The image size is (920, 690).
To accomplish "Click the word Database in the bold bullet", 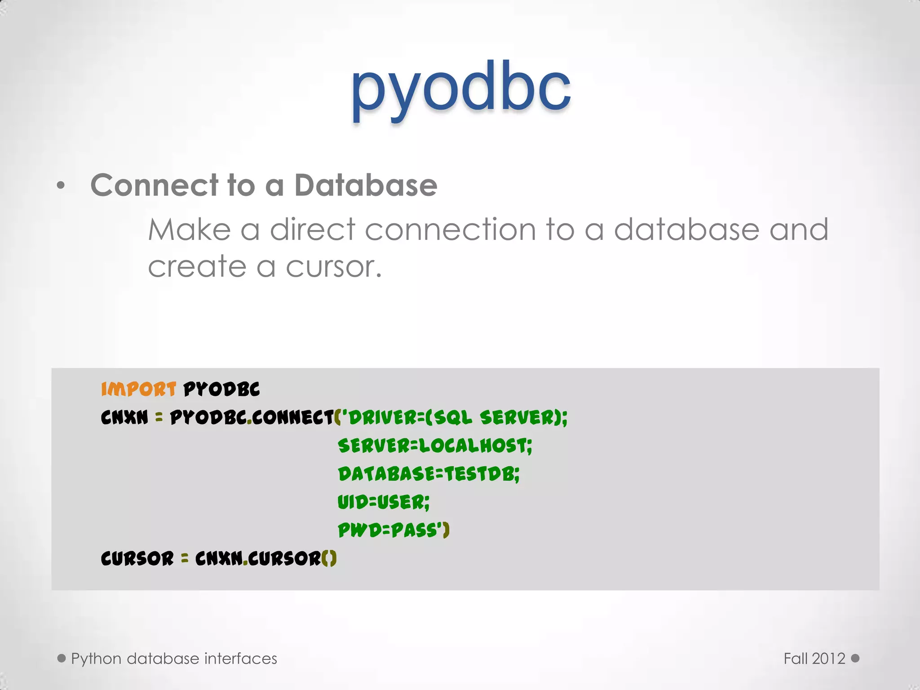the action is pyautogui.click(x=366, y=185).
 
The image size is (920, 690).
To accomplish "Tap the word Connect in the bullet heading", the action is pyautogui.click(x=155, y=185).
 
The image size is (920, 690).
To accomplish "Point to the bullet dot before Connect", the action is pyautogui.click(x=61, y=186).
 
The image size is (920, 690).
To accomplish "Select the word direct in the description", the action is pyautogui.click(x=313, y=230).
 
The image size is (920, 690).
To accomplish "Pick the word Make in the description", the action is pyautogui.click(x=189, y=230).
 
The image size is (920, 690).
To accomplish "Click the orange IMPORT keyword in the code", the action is pyautogui.click(x=138, y=389).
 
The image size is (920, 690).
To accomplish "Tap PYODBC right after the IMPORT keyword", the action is pyautogui.click(x=221, y=389).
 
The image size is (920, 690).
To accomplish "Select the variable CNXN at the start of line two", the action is pyautogui.click(x=124, y=417).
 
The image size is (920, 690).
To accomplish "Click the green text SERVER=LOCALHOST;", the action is pyautogui.click(x=435, y=446).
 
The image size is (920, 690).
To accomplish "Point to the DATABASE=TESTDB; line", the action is pyautogui.click(x=429, y=474).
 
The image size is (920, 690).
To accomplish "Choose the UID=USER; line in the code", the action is pyautogui.click(x=383, y=502).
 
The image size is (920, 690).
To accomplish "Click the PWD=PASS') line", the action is pyautogui.click(x=393, y=530).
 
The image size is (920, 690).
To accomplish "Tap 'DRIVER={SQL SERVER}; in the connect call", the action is pyautogui.click(x=454, y=417).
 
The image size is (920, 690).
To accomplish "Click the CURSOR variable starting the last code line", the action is pyautogui.click(x=137, y=558).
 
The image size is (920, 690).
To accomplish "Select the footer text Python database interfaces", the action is pyautogui.click(x=174, y=659).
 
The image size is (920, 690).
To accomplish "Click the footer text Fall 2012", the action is pyautogui.click(x=814, y=659).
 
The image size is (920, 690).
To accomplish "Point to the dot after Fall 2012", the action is pyautogui.click(x=855, y=658).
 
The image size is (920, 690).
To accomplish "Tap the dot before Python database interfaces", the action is pyautogui.click(x=62, y=658).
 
